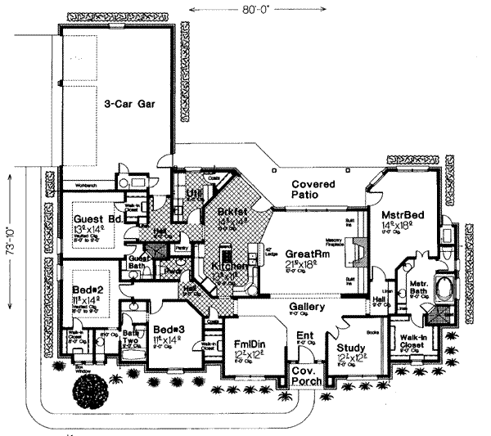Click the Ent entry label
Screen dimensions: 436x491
tap(304, 335)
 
